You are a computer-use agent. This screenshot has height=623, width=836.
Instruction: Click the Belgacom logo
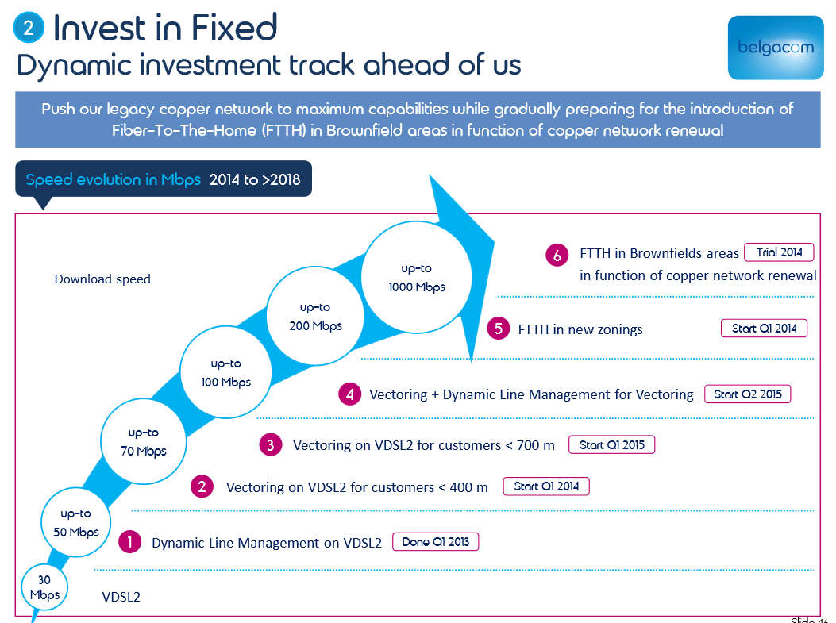[775, 47]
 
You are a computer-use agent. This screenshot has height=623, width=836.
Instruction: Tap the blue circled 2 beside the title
[29, 29]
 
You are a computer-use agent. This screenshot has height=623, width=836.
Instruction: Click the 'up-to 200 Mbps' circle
[315, 317]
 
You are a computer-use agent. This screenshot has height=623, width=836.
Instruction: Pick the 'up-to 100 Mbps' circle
[226, 373]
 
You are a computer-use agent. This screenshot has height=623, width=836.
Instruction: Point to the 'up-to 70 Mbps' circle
[144, 442]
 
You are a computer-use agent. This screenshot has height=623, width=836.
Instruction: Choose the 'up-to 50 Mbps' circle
[76, 522]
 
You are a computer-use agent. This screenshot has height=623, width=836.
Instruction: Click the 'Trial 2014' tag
[779, 252]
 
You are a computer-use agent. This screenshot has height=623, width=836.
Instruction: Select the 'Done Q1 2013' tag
[436, 542]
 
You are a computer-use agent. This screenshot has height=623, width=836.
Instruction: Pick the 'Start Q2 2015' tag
[748, 394]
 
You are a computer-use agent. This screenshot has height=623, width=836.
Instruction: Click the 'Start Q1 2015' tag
[612, 444]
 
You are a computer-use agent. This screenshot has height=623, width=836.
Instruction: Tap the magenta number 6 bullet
[557, 255]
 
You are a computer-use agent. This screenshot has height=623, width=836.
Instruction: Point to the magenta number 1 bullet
[129, 543]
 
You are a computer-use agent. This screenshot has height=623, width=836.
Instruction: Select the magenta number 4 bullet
[349, 394]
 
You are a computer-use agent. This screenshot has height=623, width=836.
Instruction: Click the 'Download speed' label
[102, 279]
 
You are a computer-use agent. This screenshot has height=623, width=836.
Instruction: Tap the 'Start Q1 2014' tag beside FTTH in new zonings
[764, 328]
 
